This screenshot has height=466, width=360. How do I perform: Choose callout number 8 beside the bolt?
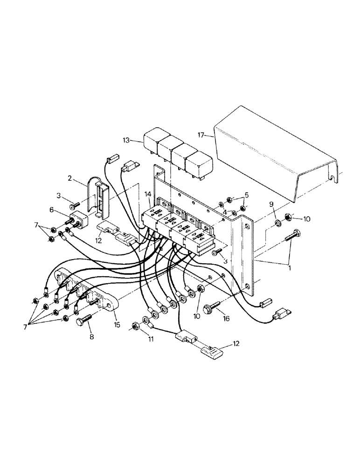90,336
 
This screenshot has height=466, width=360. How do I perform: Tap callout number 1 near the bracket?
290,268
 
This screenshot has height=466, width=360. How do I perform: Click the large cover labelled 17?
275,154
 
